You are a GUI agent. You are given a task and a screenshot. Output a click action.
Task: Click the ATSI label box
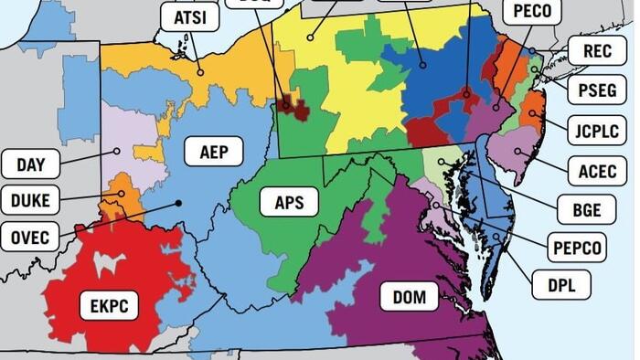pyautogui.click(x=189, y=17)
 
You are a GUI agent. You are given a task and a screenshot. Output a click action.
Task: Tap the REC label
pyautogui.click(x=597, y=52)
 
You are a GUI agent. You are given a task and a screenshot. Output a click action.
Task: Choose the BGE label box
pyautogui.click(x=586, y=209)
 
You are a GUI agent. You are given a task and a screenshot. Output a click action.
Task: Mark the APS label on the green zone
pyautogui.click(x=295, y=201)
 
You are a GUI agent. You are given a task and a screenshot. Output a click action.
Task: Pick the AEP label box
pyautogui.click(x=214, y=150)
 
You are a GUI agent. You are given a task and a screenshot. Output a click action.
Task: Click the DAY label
pyautogui.click(x=31, y=164)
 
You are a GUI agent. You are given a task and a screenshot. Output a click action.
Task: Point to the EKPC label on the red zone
pyautogui.click(x=109, y=305)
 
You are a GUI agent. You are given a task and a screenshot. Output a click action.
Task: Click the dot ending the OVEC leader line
pyautogui.click(x=179, y=203)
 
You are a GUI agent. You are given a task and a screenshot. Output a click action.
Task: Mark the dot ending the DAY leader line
pyautogui.click(x=117, y=151)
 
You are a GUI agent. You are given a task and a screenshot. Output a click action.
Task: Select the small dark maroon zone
pyautogui.click(x=294, y=109)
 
